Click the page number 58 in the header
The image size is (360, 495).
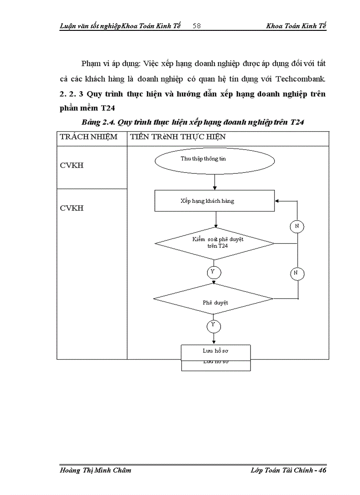[x=197, y=26]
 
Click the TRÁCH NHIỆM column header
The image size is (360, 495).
[x=89, y=137]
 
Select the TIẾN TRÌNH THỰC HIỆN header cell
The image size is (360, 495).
[x=176, y=137]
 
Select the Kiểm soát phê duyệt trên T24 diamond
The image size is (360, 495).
[x=214, y=243]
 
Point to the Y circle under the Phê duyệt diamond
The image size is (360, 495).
[x=214, y=326]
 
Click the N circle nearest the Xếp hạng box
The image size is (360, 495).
[x=297, y=227]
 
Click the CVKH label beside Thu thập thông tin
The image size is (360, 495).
[x=72, y=166]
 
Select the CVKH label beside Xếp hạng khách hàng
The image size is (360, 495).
[x=72, y=208]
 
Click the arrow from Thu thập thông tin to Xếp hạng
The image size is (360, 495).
[x=214, y=182]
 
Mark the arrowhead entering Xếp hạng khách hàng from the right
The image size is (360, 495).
[x=277, y=201]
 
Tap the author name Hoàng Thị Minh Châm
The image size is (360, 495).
[x=95, y=470]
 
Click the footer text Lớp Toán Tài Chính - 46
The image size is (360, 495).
[x=288, y=470]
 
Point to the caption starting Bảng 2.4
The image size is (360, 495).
[x=193, y=123]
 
